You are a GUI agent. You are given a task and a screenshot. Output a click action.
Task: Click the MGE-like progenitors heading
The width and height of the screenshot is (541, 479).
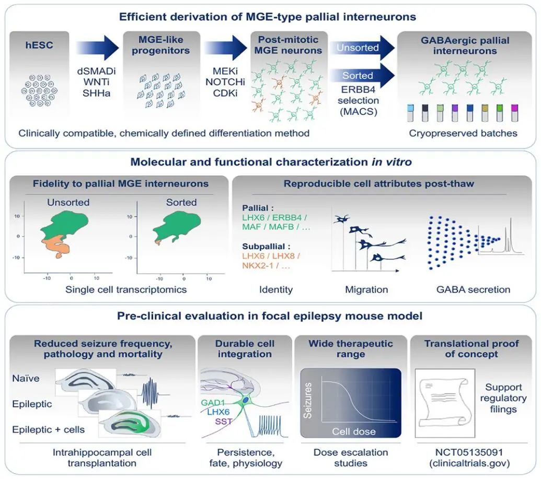click(162, 46)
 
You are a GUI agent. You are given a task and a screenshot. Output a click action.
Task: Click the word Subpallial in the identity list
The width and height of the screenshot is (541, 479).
click(264, 246)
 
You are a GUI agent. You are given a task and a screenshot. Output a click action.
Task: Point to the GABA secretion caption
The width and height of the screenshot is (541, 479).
click(474, 289)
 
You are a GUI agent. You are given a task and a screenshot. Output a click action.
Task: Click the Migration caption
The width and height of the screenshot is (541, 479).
click(366, 289)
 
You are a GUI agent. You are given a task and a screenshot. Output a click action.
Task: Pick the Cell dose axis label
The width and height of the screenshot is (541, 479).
click(354, 431)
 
